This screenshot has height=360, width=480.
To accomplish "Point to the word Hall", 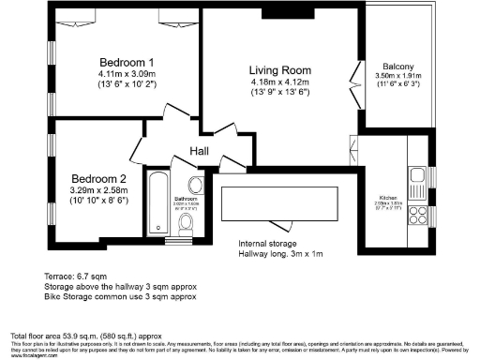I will [200, 152].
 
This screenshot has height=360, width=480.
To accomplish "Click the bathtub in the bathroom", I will [157, 201].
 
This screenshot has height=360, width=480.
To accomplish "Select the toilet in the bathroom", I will [187, 222].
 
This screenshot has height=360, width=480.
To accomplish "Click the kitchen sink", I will [417, 174].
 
